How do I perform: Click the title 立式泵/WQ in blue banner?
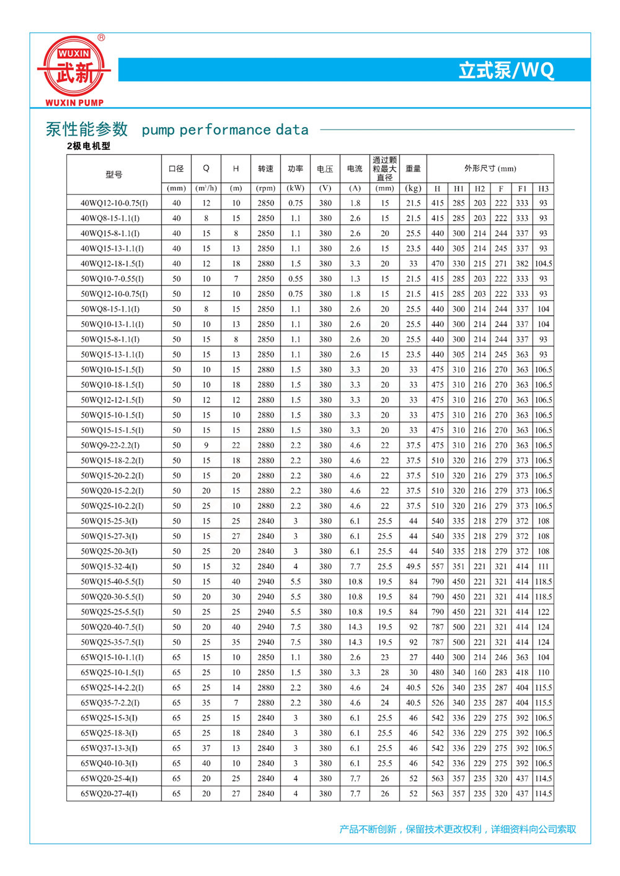pyautogui.click(x=506, y=70)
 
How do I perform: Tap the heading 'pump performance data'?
pyautogui.click(x=225, y=130)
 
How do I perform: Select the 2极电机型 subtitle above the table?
pyautogui.click(x=89, y=146)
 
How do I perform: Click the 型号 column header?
pyautogui.click(x=114, y=175)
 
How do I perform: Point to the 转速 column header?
pyautogui.click(x=266, y=169)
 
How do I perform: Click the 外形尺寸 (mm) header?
pyautogui.click(x=490, y=169)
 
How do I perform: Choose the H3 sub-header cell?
pyautogui.click(x=543, y=188)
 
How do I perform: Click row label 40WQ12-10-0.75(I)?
pyautogui.click(x=114, y=203)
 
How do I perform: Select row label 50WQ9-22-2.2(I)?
pyautogui.click(x=110, y=445)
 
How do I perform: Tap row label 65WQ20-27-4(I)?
pyautogui.click(x=109, y=794)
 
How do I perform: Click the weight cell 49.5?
pyautogui.click(x=414, y=566)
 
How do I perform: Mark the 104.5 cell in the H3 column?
pyautogui.click(x=543, y=264)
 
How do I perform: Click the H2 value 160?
pyautogui.click(x=480, y=672)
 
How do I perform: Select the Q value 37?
pyautogui.click(x=206, y=748)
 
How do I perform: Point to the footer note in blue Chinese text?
pyautogui.click(x=458, y=829)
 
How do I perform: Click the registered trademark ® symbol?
pyautogui.click(x=102, y=38)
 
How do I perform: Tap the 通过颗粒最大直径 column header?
pyautogui.click(x=385, y=169)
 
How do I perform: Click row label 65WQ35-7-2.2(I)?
pyautogui.click(x=110, y=703)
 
